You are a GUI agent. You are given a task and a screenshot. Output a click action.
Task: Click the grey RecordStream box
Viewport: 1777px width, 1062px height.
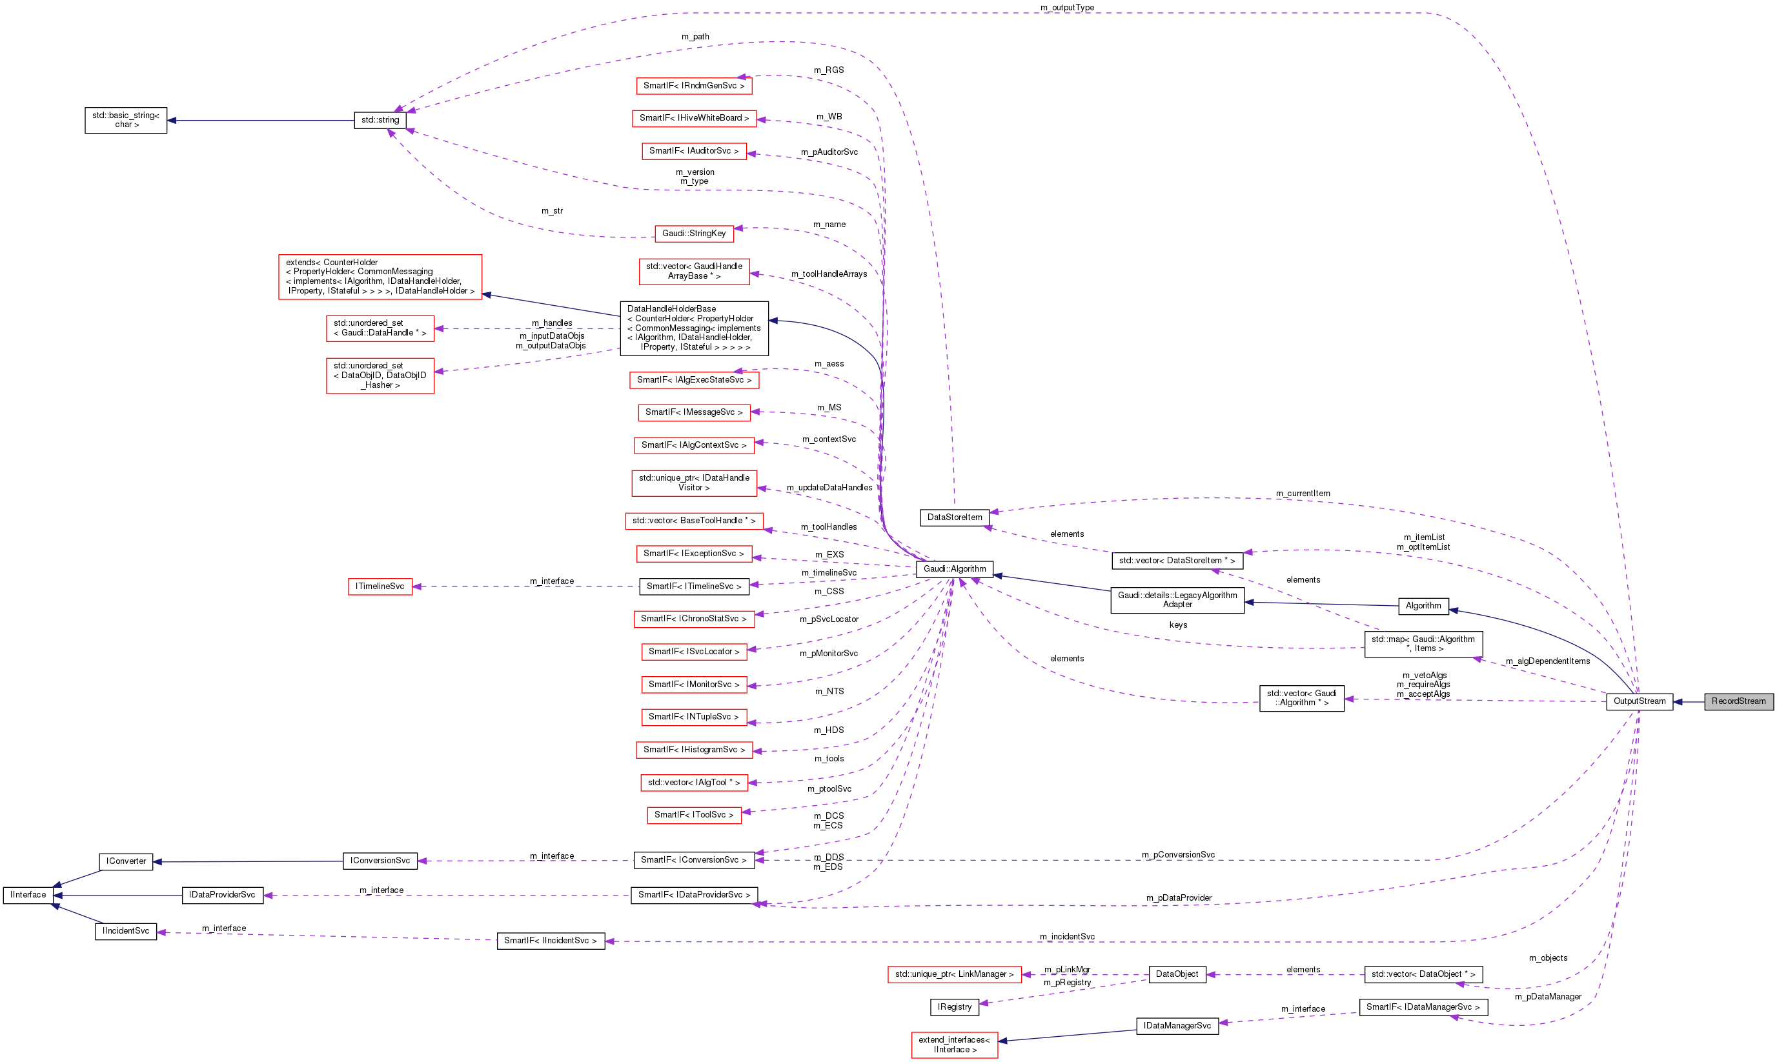pyautogui.click(x=1738, y=701)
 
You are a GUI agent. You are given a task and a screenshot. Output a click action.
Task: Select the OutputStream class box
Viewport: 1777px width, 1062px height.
pyautogui.click(x=1639, y=701)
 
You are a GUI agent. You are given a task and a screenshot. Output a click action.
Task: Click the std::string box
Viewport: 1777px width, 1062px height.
pyautogui.click(x=380, y=120)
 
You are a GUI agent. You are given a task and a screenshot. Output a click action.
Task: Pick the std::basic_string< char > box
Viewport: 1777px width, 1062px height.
pyautogui.click(x=125, y=120)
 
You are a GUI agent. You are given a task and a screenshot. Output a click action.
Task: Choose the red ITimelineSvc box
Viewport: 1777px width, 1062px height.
pyautogui.click(x=380, y=587)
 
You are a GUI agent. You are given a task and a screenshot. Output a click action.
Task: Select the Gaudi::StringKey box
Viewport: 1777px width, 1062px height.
pyautogui.click(x=693, y=234)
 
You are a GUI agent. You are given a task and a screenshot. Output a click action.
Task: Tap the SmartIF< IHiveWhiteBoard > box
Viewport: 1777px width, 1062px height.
pyautogui.click(x=693, y=118)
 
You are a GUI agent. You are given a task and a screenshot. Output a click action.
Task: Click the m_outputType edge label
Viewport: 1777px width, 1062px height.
pyautogui.click(x=1066, y=8)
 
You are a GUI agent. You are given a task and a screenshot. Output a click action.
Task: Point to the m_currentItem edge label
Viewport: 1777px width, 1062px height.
pyautogui.click(x=1303, y=494)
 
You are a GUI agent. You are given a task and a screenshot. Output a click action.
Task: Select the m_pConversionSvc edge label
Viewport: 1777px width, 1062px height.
pyautogui.click(x=1177, y=854)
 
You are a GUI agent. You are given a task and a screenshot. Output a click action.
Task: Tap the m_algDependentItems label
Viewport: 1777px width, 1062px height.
pyautogui.click(x=1547, y=661)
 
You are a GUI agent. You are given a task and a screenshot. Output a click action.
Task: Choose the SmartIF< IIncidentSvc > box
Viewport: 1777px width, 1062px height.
pyautogui.click(x=550, y=941)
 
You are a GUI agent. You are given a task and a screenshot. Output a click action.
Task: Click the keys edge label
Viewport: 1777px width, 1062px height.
pyautogui.click(x=1178, y=625)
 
